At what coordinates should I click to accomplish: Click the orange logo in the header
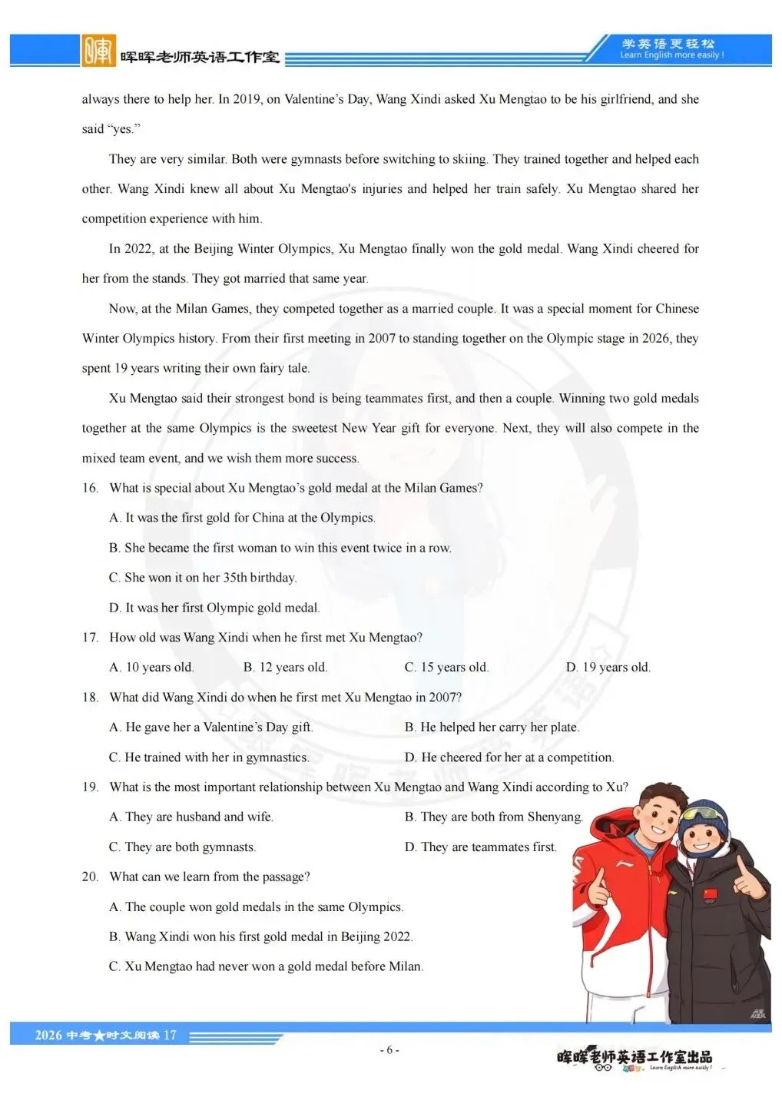pyautogui.click(x=98, y=51)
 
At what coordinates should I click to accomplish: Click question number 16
pyautogui.click(x=91, y=488)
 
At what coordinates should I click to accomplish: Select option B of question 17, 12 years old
pyautogui.click(x=285, y=667)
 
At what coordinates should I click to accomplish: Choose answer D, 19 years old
pyautogui.click(x=608, y=667)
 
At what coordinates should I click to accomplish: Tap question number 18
pyautogui.click(x=91, y=698)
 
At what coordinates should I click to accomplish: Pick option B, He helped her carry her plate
pyautogui.click(x=492, y=727)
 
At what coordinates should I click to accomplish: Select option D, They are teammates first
pyautogui.click(x=480, y=847)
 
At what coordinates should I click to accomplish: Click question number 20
pyautogui.click(x=91, y=877)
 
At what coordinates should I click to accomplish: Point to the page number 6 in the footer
pyautogui.click(x=389, y=1050)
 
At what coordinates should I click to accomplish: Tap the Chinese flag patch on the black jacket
pyautogui.click(x=707, y=896)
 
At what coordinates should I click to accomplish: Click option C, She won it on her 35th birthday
pyautogui.click(x=203, y=578)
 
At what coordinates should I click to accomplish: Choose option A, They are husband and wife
pyautogui.click(x=191, y=817)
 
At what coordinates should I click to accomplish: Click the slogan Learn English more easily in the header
pyautogui.click(x=671, y=55)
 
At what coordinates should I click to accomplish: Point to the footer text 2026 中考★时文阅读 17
pyautogui.click(x=105, y=1036)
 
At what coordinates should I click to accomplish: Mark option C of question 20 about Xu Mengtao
pyautogui.click(x=266, y=966)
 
